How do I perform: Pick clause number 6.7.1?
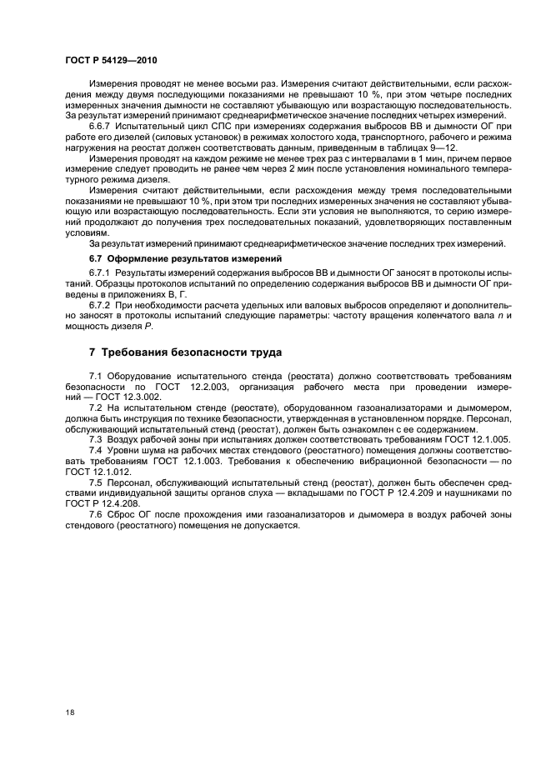coord(100,272)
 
